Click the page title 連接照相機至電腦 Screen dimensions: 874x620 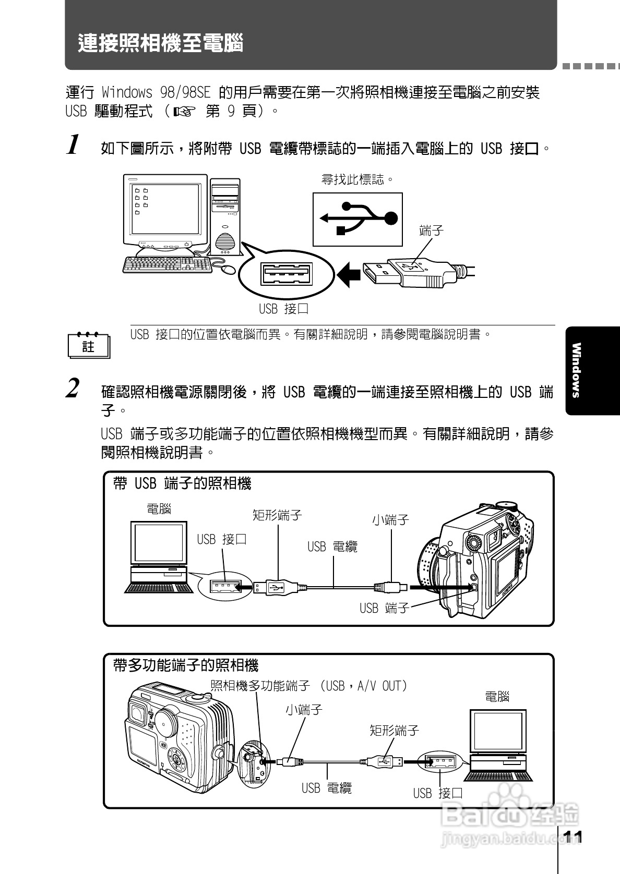point(161,43)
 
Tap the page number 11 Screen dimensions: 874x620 point(573,837)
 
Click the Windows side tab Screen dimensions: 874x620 point(576,370)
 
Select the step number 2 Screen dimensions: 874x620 point(74,389)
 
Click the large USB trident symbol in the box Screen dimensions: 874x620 point(358,218)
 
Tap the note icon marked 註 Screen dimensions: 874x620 point(89,345)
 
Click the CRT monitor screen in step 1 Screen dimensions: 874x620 point(163,208)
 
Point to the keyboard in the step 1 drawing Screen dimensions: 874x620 point(167,265)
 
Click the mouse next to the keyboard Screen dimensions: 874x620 point(228,269)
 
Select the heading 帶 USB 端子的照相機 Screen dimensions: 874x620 point(182,484)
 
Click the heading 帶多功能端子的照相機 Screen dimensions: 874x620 point(186,665)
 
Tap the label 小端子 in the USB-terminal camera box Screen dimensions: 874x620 point(390,520)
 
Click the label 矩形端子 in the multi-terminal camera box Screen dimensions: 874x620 point(394,731)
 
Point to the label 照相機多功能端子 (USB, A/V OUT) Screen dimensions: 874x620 point(308,686)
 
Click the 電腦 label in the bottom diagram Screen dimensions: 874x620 point(496,696)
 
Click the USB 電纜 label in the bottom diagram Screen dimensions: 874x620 point(327,788)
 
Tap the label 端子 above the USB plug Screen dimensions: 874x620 point(431,230)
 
